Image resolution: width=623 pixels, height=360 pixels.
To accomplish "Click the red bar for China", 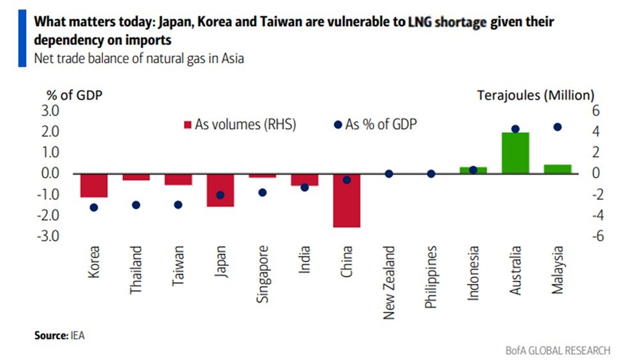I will (x=346, y=200).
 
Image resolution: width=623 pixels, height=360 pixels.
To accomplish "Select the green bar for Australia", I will (x=515, y=153).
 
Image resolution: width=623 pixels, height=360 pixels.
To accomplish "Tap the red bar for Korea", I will (x=93, y=185).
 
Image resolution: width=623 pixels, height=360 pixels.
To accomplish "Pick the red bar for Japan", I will (x=220, y=190).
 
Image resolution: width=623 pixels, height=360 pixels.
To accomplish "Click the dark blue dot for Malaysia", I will (x=557, y=127).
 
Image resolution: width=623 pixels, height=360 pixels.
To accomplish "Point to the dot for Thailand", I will (x=135, y=205).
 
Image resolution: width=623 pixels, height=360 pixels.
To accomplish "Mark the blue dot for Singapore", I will (x=262, y=192).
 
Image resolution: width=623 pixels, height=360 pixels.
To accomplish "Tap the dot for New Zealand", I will (x=388, y=173).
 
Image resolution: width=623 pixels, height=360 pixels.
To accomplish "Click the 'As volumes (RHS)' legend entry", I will (x=240, y=125).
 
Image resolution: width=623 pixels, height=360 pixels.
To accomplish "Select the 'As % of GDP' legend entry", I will (x=376, y=125).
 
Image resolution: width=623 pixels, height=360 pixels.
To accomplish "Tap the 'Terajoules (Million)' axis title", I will (x=535, y=95).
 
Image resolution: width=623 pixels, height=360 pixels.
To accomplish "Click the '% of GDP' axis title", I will (x=74, y=95).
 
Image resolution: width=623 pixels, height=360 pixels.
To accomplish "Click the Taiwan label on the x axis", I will (x=178, y=263).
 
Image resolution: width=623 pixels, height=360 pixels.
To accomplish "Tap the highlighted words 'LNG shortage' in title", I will (x=447, y=22).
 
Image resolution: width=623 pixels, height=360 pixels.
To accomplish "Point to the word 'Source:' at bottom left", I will (x=50, y=334).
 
